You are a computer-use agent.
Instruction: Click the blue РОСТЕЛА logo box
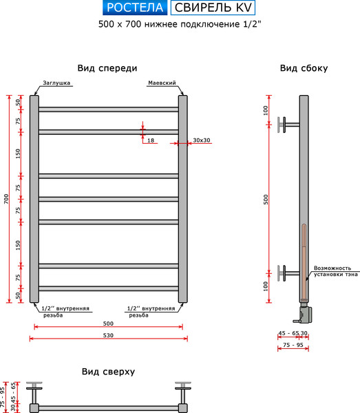[135, 8]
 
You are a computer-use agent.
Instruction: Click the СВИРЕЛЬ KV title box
[213, 8]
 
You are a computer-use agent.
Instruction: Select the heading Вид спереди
[107, 68]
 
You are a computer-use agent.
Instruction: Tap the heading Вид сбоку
[304, 68]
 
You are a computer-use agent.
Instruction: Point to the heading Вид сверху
[108, 372]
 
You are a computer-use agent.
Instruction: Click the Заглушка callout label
[56, 83]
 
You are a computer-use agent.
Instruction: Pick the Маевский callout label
[162, 83]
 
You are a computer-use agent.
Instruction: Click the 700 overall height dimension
[6, 199]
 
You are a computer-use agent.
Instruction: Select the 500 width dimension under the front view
[108, 324]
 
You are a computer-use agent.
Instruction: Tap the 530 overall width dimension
[108, 335]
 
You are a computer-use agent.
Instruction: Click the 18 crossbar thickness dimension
[151, 140]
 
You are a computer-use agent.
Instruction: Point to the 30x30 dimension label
[202, 140]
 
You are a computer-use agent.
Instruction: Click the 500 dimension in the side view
[266, 200]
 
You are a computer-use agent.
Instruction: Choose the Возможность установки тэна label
[335, 271]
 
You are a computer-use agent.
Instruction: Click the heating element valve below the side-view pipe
[304, 313]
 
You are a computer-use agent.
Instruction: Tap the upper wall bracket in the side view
[288, 125]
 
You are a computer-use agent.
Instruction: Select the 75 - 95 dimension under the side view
[293, 345]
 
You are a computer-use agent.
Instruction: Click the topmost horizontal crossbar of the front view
[109, 109]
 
